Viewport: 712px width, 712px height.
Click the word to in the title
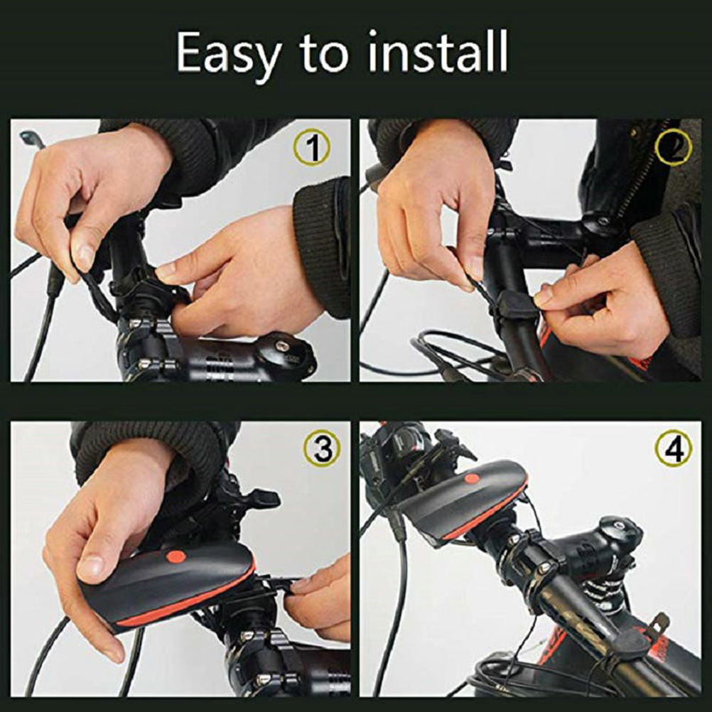point(324,53)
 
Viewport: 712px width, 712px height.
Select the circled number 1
point(311,147)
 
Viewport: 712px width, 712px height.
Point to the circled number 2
point(674,147)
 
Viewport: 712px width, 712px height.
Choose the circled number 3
point(322,448)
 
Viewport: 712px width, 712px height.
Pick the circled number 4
point(674,448)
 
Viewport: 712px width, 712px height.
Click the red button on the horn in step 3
point(176,556)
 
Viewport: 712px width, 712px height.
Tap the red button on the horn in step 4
point(472,479)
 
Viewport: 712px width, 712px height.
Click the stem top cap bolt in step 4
point(618,525)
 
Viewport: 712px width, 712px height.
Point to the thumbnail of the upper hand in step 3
point(91,568)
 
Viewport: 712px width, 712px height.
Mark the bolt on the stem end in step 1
point(282,346)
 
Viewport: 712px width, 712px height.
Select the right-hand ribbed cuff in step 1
point(323,247)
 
